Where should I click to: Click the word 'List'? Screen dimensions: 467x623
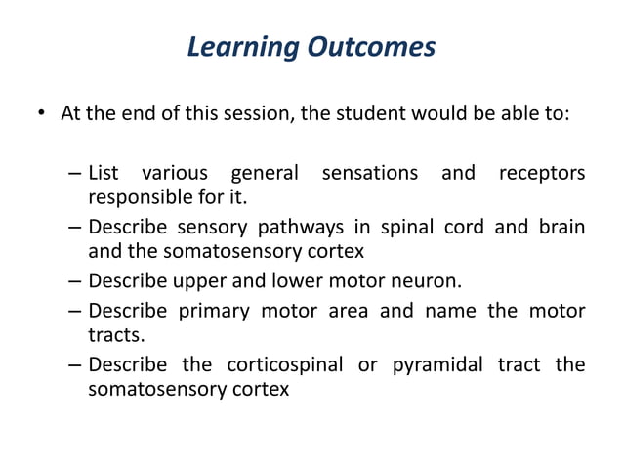tap(104, 174)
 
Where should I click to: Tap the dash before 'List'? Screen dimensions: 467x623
tap(75, 175)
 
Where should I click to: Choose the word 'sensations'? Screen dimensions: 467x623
tap(369, 174)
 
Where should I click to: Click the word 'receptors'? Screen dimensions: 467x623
tap(542, 174)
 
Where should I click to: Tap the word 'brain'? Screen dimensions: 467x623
tap(561, 228)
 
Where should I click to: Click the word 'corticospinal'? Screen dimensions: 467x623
tap(284, 365)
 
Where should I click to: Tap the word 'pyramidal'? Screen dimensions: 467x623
tap(434, 365)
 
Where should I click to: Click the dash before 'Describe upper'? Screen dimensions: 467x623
tap(75, 283)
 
